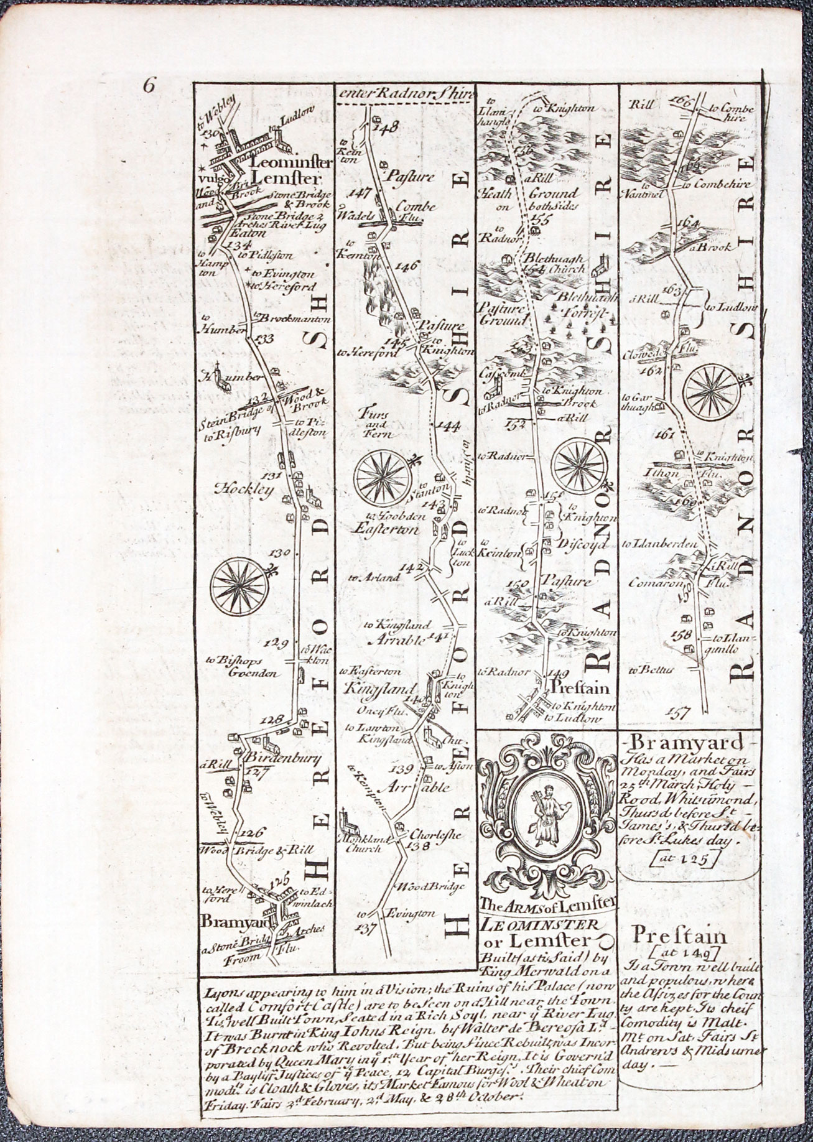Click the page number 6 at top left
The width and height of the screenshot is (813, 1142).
149,85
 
